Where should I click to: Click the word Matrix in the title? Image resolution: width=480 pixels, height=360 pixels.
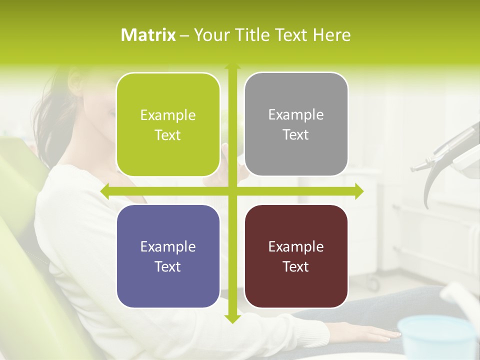click(148, 35)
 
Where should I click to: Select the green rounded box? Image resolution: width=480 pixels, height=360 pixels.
click(168, 124)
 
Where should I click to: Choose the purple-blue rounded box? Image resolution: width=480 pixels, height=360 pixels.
click(168, 256)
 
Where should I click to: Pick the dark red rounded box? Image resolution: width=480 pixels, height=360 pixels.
click(296, 256)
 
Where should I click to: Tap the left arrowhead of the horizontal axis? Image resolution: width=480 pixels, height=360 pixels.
click(105, 191)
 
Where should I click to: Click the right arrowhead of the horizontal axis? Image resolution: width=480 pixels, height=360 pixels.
click(358, 191)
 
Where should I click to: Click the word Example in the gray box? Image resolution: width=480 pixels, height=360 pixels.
click(296, 115)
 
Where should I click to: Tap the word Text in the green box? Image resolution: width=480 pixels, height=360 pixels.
click(168, 135)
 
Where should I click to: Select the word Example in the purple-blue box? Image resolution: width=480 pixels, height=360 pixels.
click(168, 246)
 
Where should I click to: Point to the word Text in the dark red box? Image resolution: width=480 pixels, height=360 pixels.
click(296, 267)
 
